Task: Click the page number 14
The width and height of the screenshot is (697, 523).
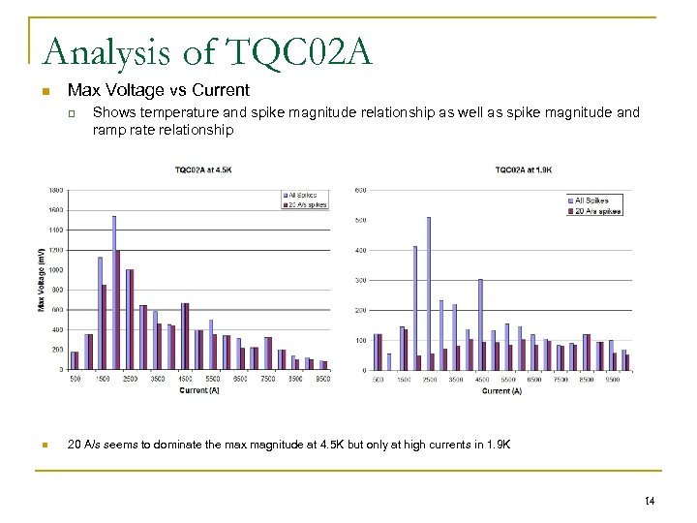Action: [x=648, y=500]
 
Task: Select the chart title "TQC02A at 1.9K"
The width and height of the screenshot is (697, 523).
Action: [x=524, y=170]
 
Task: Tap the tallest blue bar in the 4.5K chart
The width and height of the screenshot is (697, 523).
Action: [x=113, y=292]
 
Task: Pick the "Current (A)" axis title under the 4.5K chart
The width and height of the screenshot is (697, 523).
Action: [x=200, y=390]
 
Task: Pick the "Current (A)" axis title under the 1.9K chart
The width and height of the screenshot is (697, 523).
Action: [x=501, y=391]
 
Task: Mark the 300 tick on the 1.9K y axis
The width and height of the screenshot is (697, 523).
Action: [x=361, y=281]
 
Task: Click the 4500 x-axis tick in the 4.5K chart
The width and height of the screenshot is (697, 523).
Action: [x=185, y=379]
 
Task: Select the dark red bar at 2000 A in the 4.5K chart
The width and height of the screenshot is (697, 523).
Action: [x=118, y=310]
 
